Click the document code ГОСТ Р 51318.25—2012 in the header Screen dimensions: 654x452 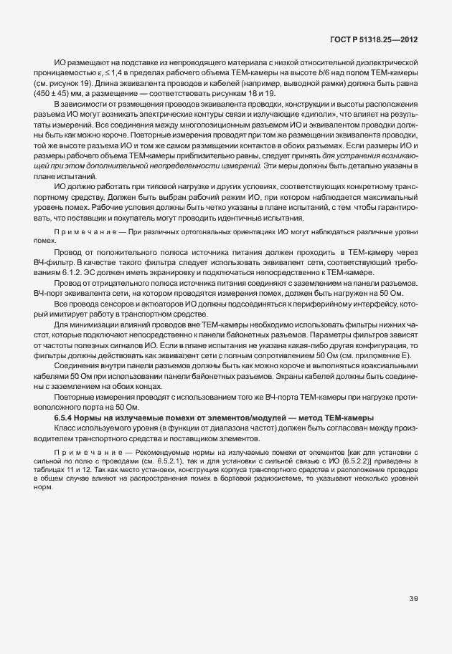[x=380, y=42]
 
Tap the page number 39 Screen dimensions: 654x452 [x=413, y=599]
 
